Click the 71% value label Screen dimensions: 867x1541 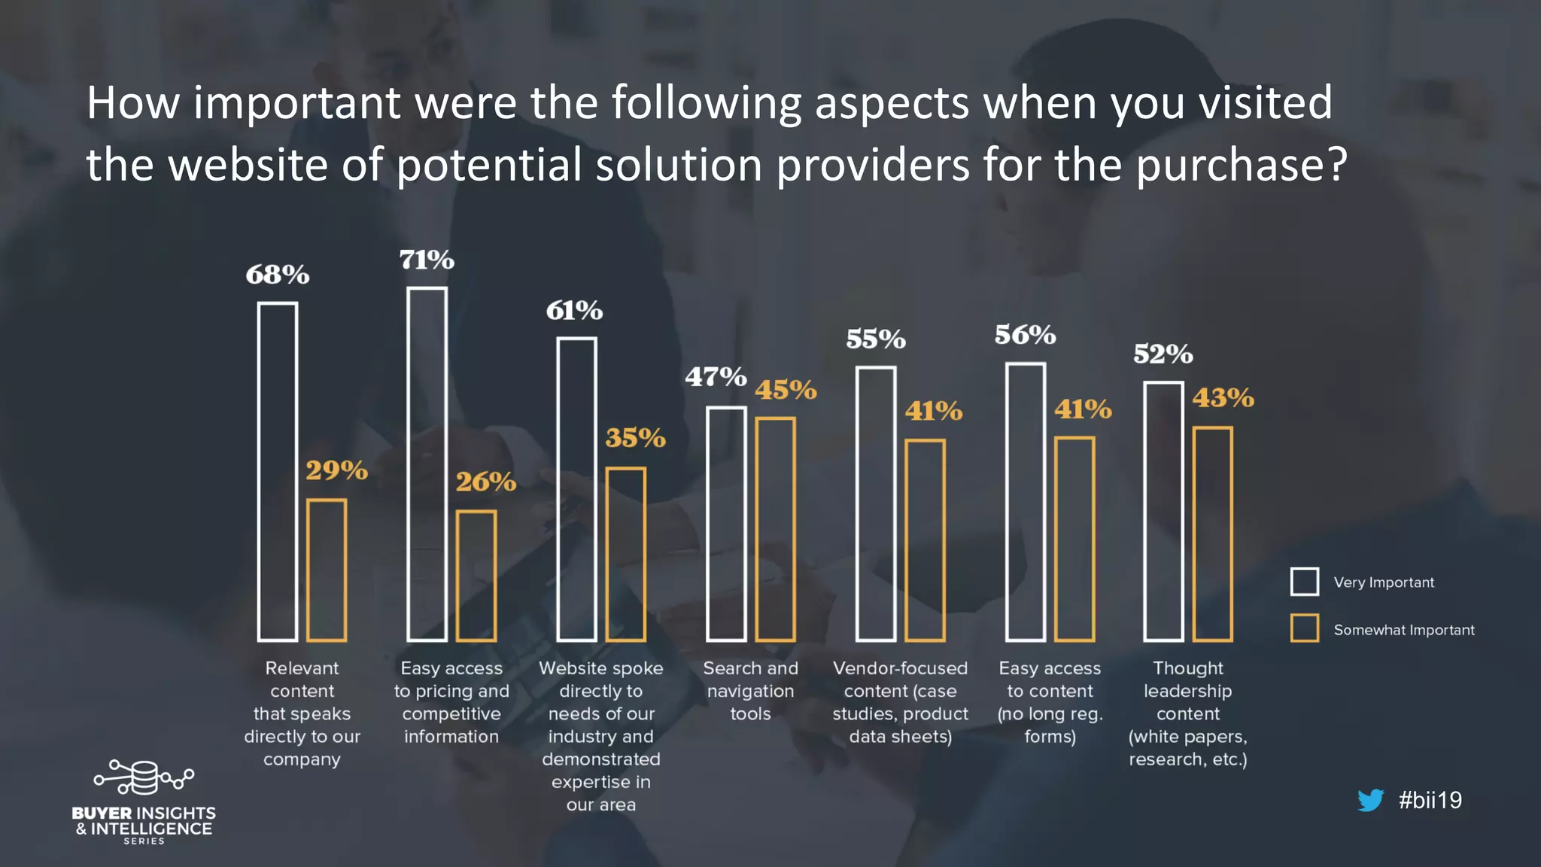(x=427, y=260)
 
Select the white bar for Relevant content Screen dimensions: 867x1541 (x=278, y=472)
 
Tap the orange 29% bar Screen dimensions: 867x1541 (x=327, y=570)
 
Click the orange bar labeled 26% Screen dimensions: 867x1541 (x=476, y=576)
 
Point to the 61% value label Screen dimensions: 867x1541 (x=574, y=310)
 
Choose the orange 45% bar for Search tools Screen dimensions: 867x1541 (x=775, y=529)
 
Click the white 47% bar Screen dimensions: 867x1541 (x=727, y=524)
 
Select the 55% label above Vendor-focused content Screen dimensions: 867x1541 (x=875, y=339)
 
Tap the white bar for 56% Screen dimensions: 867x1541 (x=1026, y=502)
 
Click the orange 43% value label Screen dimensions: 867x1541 (x=1223, y=397)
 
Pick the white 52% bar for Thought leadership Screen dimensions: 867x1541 (x=1163, y=512)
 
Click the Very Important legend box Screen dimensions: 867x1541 (x=1304, y=582)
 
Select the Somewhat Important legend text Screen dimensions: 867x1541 (x=1403, y=630)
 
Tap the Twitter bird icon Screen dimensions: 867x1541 (x=1370, y=800)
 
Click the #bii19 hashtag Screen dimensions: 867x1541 (x=1430, y=800)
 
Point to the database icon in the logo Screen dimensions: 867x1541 (x=144, y=777)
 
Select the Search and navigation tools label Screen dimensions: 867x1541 (x=750, y=691)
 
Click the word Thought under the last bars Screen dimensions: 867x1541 (x=1188, y=668)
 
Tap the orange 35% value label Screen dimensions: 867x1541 (x=635, y=437)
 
